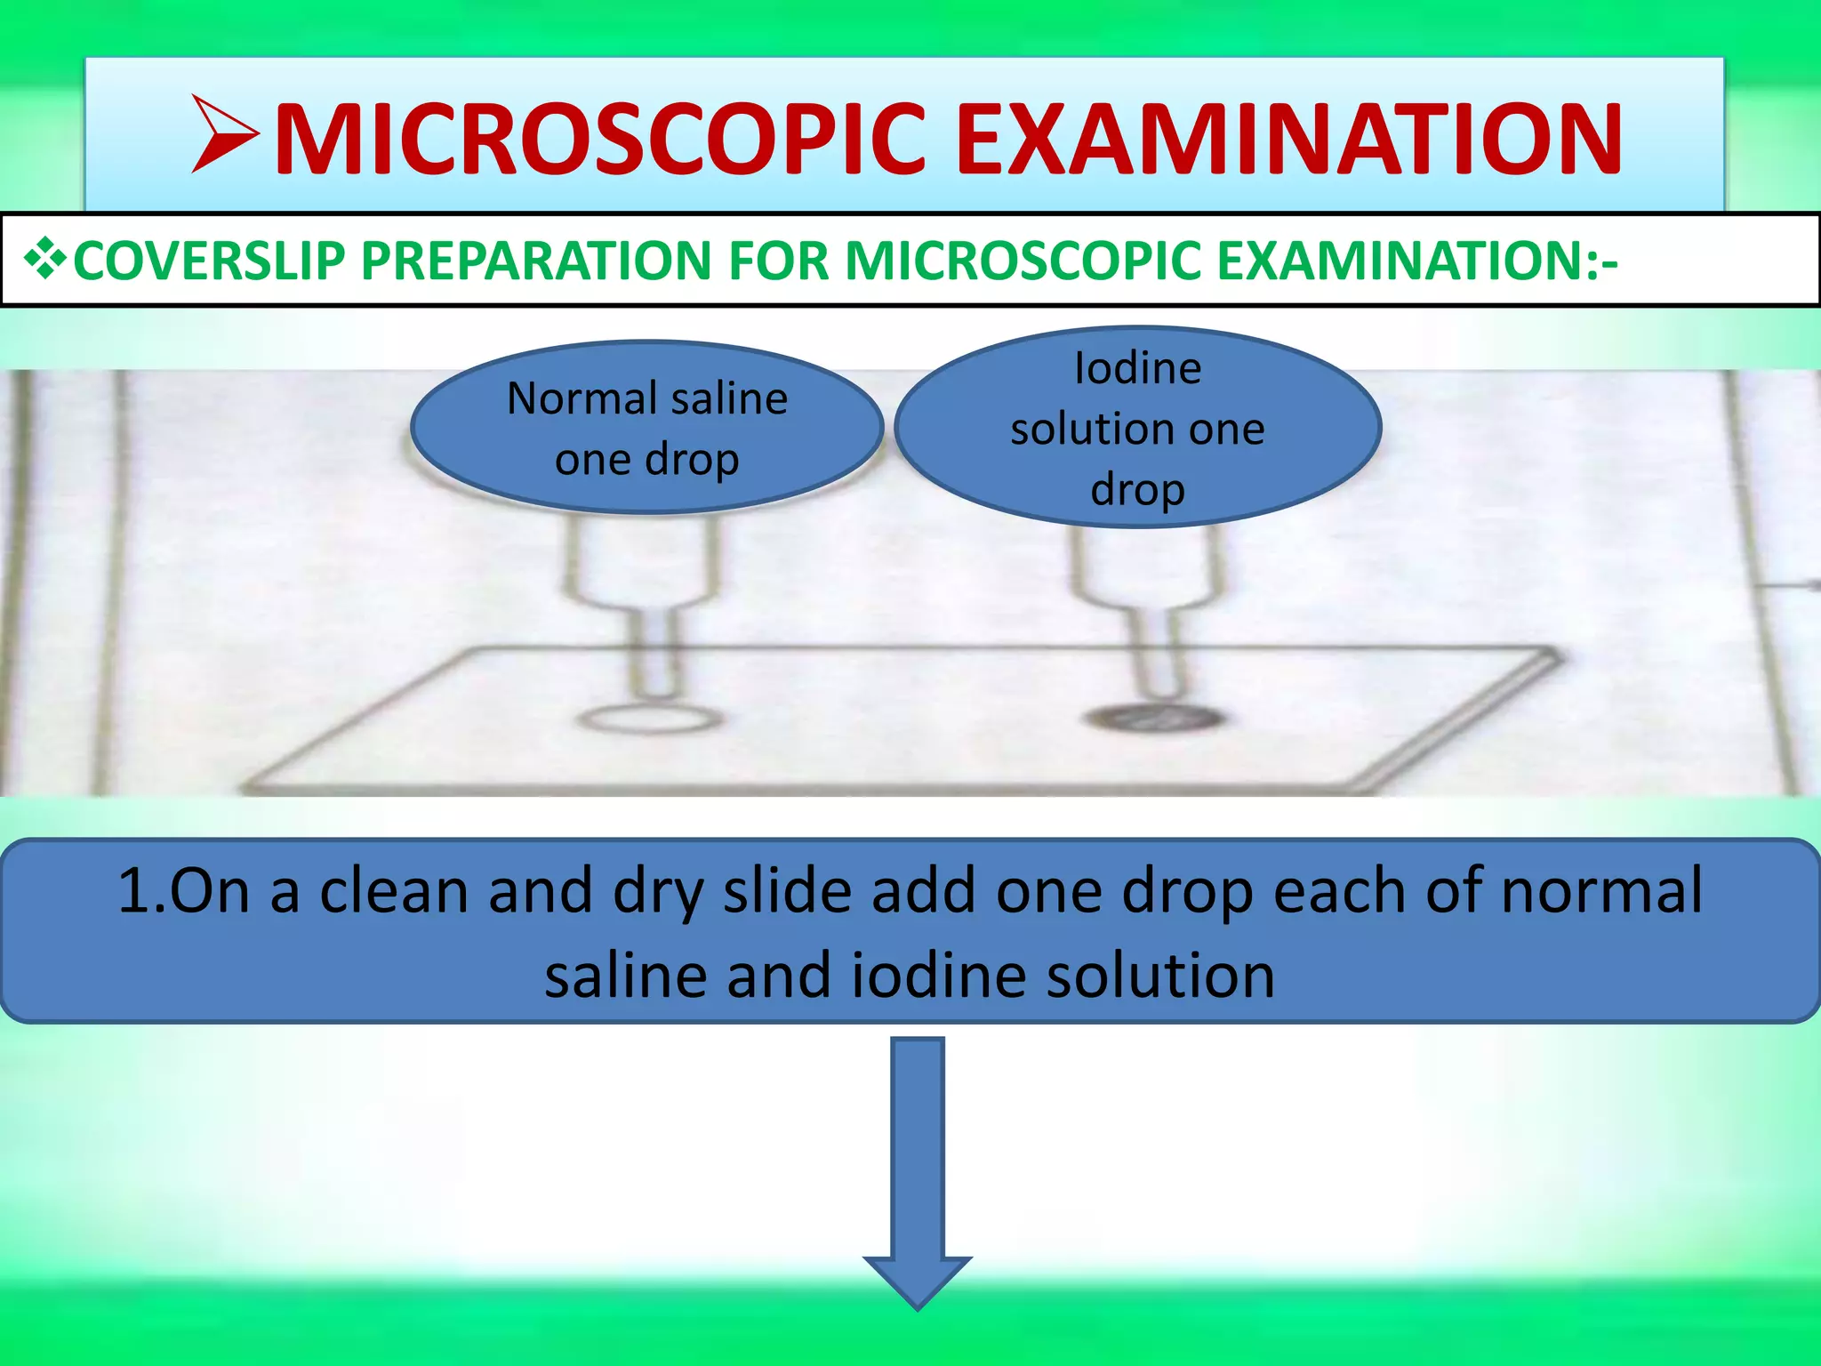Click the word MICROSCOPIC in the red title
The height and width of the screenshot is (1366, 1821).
tap(600, 141)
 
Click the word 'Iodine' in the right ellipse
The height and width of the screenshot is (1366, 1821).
tap(1137, 368)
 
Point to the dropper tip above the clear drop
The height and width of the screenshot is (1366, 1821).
tap(656, 685)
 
